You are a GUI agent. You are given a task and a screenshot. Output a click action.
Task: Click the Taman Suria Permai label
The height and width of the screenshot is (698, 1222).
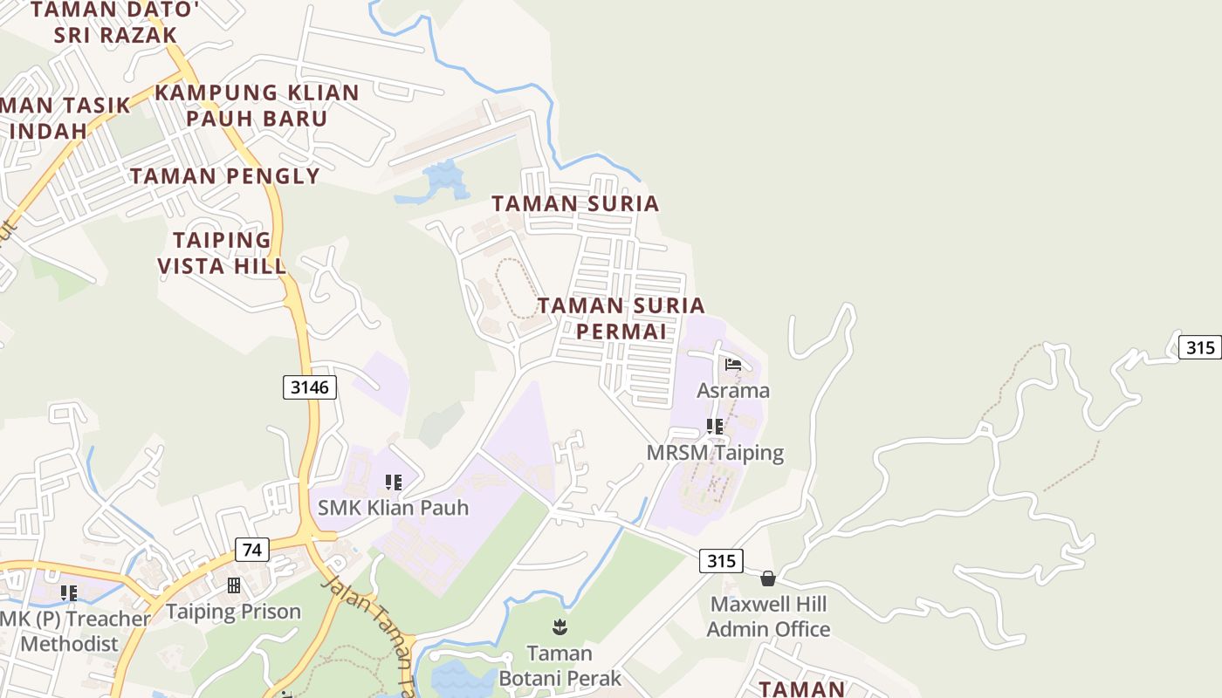click(x=621, y=318)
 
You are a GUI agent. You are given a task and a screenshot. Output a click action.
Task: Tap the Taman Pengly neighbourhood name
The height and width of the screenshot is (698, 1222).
click(x=225, y=176)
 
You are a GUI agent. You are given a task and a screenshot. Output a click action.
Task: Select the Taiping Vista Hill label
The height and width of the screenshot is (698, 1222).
click(x=222, y=253)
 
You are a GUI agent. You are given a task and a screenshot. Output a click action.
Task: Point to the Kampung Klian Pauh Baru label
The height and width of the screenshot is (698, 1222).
click(x=257, y=106)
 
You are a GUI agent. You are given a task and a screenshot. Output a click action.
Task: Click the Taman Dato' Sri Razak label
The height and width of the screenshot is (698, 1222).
click(x=115, y=23)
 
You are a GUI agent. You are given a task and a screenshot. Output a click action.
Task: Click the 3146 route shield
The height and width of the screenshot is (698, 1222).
click(x=310, y=387)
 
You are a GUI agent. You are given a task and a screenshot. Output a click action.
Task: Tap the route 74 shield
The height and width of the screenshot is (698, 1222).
click(x=251, y=550)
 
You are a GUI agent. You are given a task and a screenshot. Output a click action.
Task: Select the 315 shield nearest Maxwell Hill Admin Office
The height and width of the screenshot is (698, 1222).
click(x=721, y=560)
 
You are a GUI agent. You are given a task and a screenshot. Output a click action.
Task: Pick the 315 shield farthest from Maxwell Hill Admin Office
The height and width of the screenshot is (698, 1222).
click(x=1200, y=347)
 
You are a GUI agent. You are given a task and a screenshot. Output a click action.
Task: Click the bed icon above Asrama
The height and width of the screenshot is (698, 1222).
click(x=733, y=364)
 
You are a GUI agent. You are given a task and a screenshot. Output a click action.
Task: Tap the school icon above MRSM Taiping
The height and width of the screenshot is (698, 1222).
click(x=715, y=427)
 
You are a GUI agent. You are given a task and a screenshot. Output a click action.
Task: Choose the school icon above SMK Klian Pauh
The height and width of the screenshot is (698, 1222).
click(x=393, y=482)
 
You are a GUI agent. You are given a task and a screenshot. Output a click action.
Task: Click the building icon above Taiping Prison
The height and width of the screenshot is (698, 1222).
click(x=233, y=585)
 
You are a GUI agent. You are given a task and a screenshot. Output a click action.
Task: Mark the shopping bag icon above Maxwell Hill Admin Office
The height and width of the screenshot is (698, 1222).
click(x=768, y=578)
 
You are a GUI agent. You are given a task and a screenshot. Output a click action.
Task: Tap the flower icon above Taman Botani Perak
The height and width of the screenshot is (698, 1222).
click(x=559, y=626)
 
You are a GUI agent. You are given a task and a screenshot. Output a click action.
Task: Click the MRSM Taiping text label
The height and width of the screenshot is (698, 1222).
click(x=715, y=453)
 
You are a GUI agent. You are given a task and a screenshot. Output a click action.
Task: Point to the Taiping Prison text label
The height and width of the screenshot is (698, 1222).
click(x=233, y=612)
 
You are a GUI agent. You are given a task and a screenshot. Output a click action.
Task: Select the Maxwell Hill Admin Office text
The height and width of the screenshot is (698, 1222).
click(x=768, y=616)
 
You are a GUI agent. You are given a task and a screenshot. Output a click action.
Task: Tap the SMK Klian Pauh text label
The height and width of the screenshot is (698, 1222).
click(x=393, y=508)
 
